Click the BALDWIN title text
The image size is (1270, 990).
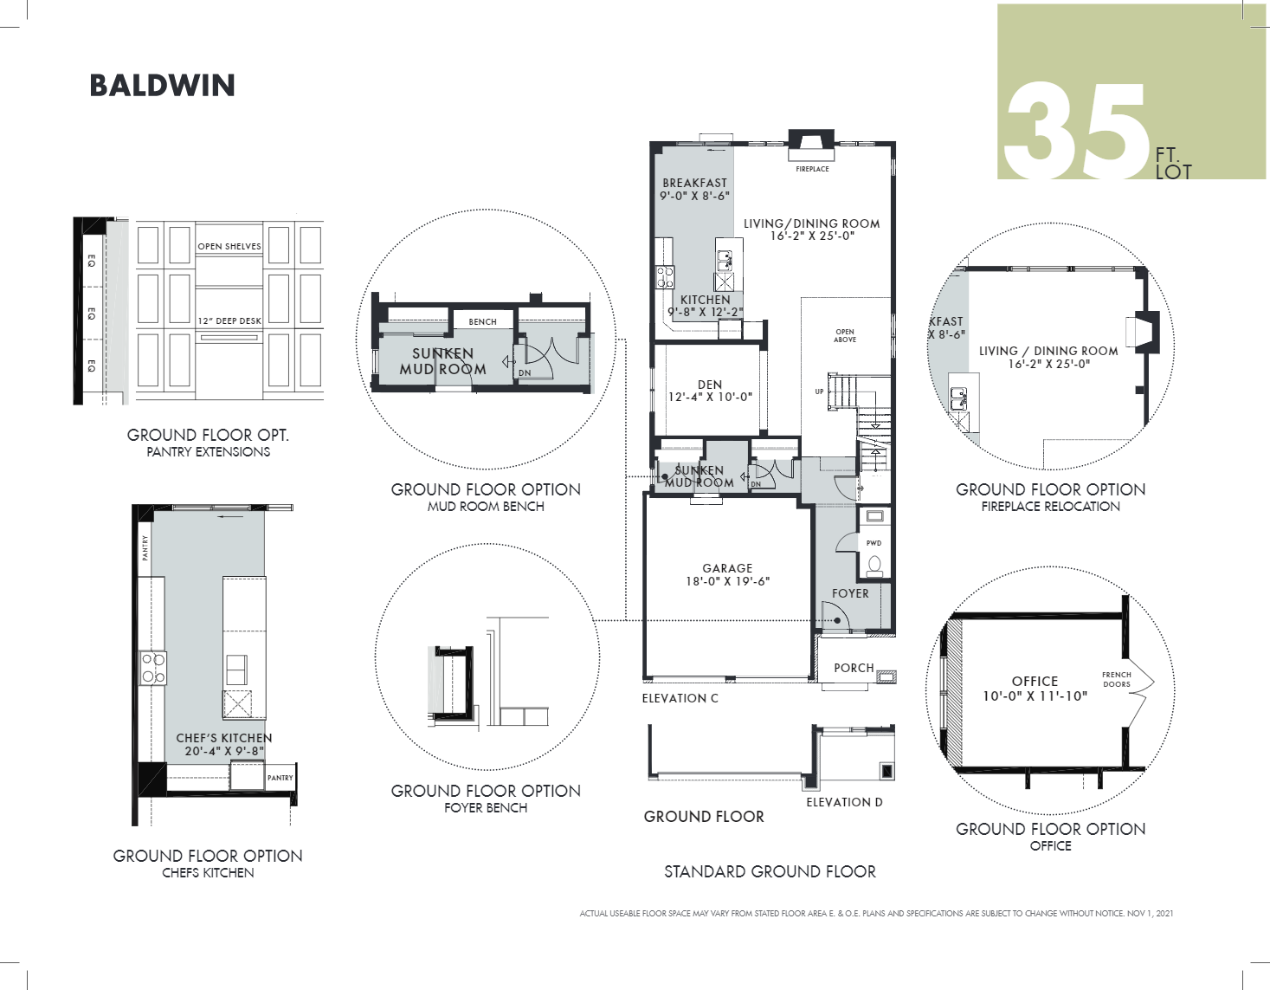162,86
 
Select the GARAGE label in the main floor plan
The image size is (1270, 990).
727,568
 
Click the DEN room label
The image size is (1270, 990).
710,385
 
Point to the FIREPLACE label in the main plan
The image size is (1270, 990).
812,169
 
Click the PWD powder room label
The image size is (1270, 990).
874,543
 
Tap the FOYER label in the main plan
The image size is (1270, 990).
850,593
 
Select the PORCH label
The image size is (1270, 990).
854,668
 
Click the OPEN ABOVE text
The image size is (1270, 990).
845,335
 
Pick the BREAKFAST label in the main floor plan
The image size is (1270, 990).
694,183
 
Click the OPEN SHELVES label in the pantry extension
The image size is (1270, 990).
229,247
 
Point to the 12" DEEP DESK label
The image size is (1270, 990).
229,320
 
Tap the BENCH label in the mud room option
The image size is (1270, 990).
483,321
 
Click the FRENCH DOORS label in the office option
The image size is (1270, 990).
1117,679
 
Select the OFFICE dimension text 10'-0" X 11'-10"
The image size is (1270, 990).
1035,696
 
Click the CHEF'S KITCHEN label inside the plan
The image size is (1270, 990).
224,738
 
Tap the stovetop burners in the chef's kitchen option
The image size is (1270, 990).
153,669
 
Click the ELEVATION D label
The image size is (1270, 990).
844,802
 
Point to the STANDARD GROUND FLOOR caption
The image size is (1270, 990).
770,871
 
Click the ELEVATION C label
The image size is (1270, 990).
680,698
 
